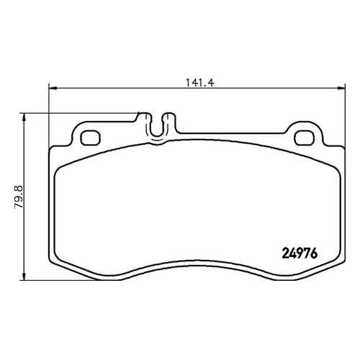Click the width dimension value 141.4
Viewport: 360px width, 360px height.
click(x=200, y=83)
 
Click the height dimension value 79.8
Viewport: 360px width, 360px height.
click(x=19, y=197)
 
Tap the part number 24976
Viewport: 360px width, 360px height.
click(x=300, y=253)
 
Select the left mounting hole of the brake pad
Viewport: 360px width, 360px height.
click(x=90, y=138)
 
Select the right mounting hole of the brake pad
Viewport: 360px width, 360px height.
click(x=305, y=138)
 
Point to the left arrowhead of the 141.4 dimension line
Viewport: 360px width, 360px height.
click(x=53, y=88)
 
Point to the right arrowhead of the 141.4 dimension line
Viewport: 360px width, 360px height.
click(x=341, y=88)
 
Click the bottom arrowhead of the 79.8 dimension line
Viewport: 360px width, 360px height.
click(x=24, y=276)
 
